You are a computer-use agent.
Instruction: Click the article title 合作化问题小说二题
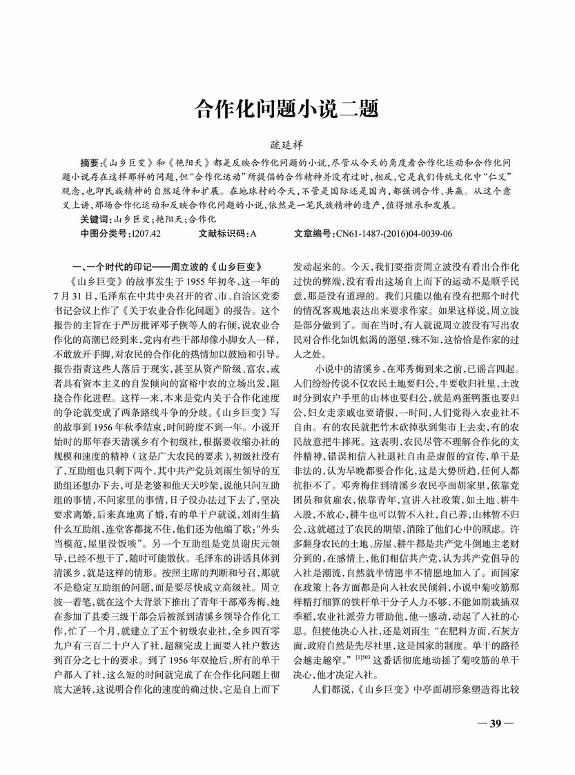point(286,109)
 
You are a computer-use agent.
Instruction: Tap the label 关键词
point(94,219)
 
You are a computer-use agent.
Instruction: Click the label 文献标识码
point(224,234)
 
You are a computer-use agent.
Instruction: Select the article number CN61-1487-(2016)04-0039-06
point(394,234)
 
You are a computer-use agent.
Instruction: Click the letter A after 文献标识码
point(253,234)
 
